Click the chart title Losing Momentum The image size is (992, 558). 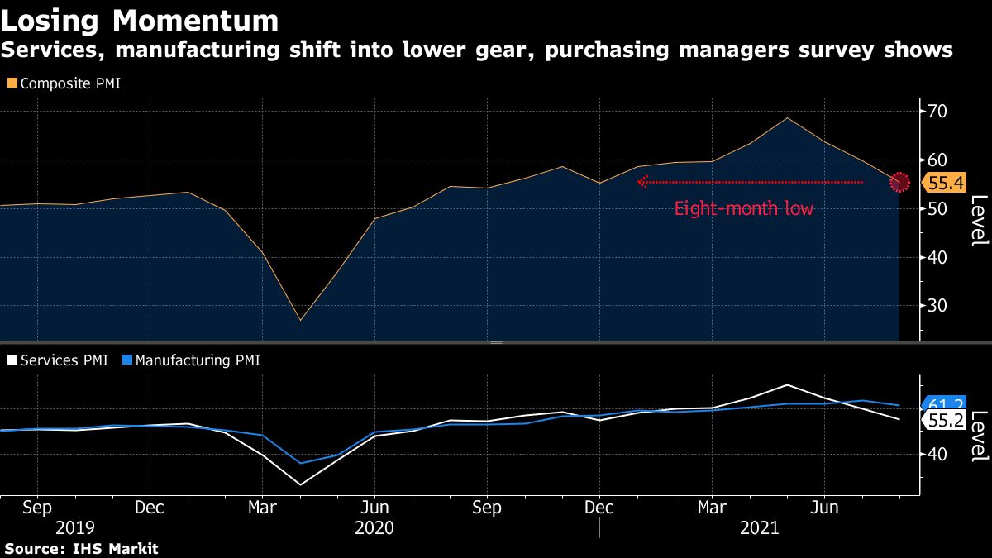coord(140,19)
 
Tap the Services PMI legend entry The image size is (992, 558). coord(57,360)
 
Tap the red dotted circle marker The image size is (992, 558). coord(899,182)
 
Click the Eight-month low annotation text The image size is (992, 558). coord(743,209)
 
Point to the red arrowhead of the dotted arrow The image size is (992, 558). coord(642,182)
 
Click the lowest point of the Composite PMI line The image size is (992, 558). coord(300,320)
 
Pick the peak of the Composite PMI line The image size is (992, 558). coord(787,117)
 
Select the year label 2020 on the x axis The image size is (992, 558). coord(374,527)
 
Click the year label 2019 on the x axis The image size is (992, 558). coord(74,527)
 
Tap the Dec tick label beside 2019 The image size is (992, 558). coord(149,507)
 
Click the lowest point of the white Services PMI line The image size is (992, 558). coord(300,484)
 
